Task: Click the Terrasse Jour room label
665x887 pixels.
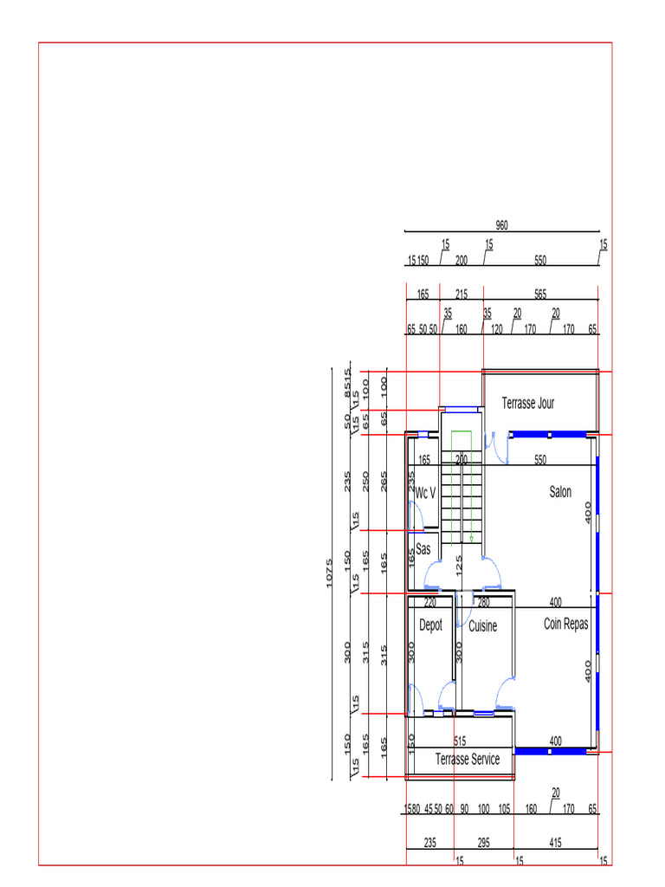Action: [528, 403]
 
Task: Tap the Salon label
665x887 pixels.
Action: [560, 492]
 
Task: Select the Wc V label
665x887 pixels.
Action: [425, 493]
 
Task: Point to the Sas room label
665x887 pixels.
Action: [423, 549]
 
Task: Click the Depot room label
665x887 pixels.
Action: [430, 625]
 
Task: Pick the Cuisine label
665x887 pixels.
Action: [483, 626]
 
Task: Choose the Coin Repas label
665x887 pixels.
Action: [566, 624]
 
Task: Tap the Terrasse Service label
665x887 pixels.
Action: [468, 760]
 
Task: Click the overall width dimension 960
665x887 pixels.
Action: [502, 225]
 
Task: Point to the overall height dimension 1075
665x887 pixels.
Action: [330, 573]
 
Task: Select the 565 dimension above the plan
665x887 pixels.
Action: [540, 295]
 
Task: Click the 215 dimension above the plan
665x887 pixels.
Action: [462, 295]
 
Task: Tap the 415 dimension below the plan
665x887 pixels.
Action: [555, 841]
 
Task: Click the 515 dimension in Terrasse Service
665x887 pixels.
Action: [460, 741]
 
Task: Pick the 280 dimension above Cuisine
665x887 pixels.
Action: [484, 602]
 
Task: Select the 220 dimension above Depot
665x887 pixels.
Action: [430, 602]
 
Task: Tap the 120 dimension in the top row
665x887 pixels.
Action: [497, 329]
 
